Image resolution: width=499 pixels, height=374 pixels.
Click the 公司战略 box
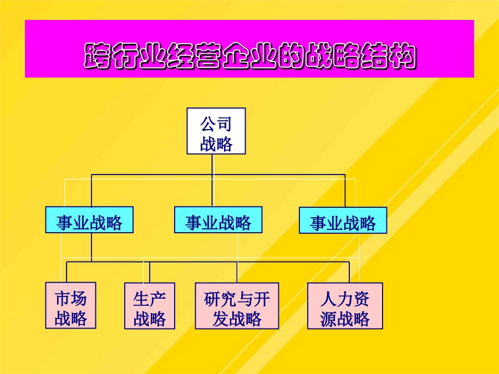[216, 131]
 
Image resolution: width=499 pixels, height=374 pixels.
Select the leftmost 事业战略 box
[89, 220]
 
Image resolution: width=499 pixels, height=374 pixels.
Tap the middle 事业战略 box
[218, 220]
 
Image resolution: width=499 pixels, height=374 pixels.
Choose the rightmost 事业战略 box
[343, 221]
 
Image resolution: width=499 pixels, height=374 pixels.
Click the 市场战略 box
[70, 305]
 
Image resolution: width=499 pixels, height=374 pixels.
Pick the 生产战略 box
[150, 306]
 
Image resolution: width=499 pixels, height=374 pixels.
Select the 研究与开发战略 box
[237, 306]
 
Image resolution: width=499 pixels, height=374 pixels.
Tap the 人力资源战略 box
[345, 306]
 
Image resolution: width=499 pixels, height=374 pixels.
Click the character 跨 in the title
[98, 56]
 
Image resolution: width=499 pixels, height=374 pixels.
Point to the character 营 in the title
[208, 56]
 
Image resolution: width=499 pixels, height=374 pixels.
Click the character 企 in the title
[236, 56]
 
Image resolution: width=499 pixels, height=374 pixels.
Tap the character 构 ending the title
[403, 56]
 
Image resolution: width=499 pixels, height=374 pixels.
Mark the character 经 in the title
[180, 56]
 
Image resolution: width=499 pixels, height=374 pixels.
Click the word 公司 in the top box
[216, 124]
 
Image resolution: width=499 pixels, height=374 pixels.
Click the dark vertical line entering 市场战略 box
[67, 272]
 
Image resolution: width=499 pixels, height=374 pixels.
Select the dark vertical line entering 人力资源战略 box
[349, 272]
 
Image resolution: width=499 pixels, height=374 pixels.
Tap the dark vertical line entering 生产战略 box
[150, 272]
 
